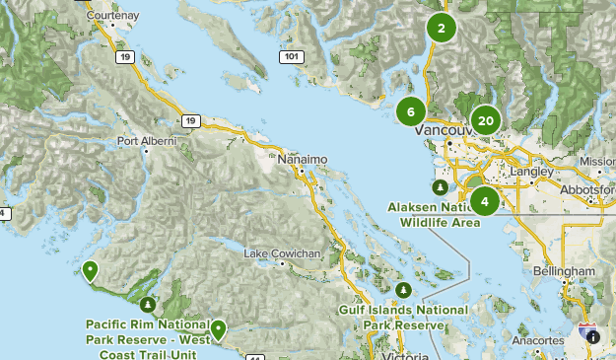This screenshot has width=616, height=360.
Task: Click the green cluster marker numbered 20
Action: coord(485,121)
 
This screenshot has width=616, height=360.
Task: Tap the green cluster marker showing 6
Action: coord(411,111)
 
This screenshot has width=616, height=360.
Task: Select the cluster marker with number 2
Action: coord(441,29)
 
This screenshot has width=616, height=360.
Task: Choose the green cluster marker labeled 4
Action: coord(484,201)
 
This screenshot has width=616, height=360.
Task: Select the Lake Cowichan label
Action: coord(282,253)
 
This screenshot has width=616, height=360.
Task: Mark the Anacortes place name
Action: coord(536,340)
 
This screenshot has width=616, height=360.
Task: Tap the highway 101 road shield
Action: coord(290,56)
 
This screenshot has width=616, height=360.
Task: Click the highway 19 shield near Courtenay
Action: coord(125,58)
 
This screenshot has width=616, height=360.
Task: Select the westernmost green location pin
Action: coord(91,269)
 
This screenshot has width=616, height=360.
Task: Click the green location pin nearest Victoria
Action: coord(218,328)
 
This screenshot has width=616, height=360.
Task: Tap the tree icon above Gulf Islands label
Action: coord(404,290)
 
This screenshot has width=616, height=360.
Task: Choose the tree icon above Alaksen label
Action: coord(440,187)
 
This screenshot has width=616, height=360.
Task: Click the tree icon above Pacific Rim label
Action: coord(148,304)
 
